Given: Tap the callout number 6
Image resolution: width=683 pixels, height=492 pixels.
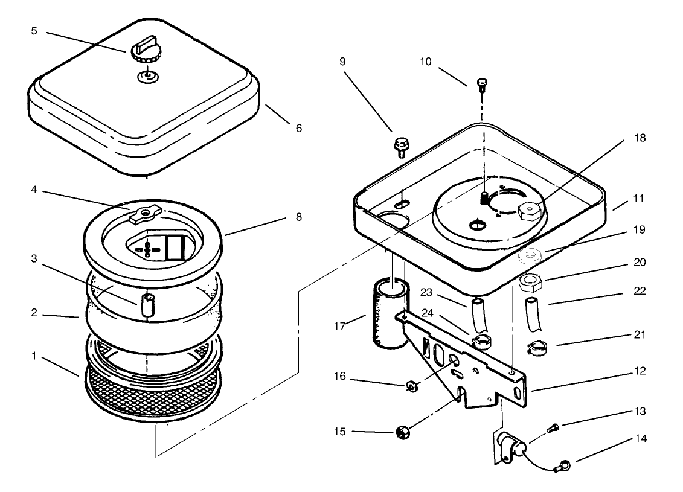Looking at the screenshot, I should [x=299, y=128].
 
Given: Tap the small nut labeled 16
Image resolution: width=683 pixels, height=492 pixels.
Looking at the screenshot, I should [x=411, y=385].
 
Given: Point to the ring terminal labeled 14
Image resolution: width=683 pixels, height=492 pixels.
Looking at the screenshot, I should [x=564, y=465].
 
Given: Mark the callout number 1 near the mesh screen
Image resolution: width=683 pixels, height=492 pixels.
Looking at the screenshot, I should [x=34, y=356].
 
